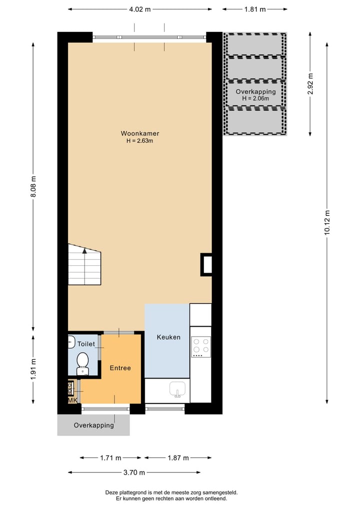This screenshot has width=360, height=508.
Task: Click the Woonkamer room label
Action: [x=139, y=133]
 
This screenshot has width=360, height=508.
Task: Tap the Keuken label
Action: [x=168, y=337]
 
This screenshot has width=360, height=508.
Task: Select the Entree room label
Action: [x=120, y=368]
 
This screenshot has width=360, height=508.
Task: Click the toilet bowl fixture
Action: [x=82, y=362]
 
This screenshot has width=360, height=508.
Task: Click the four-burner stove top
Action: [x=200, y=346]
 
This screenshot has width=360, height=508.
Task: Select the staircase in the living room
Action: [x=84, y=265]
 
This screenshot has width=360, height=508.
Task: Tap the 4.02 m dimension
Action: [x=139, y=9]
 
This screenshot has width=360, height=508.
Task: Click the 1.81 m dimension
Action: [x=255, y=9]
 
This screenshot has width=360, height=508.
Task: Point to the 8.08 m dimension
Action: [x=33, y=186]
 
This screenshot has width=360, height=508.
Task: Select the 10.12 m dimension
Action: [x=327, y=222]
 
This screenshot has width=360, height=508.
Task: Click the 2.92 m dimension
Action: [x=310, y=84]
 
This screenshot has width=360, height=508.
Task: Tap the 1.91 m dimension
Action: [x=33, y=370]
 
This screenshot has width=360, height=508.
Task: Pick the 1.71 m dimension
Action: [x=110, y=458]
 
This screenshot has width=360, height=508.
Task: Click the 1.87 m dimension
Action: [x=177, y=458]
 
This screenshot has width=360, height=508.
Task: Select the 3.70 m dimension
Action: [x=134, y=473]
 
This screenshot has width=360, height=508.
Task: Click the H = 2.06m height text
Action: [x=255, y=98]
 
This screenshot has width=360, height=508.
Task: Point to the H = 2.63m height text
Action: [x=139, y=141]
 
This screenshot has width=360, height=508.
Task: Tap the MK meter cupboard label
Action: [x=72, y=400]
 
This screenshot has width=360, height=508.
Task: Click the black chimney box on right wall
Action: [x=206, y=265]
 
